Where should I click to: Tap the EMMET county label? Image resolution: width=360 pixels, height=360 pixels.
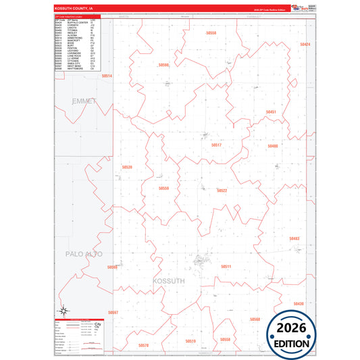tap(84, 101)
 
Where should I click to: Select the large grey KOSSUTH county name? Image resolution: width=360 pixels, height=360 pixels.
tap(169, 280)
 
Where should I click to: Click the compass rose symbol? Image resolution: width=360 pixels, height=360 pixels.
tap(62, 311)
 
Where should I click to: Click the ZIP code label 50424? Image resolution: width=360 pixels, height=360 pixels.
tap(305, 45)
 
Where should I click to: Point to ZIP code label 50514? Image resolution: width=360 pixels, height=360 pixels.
tap(107, 76)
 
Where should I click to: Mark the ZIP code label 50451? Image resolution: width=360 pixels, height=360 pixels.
tap(270, 112)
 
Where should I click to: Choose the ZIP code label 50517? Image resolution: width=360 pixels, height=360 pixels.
tap(216, 145)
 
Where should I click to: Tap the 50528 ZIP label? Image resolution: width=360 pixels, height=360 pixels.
tap(127, 167)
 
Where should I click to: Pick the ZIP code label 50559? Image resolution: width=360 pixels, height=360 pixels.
tap(163, 188)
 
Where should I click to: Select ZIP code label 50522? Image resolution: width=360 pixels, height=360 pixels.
tap(222, 190)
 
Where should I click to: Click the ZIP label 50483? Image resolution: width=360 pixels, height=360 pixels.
tap(294, 238)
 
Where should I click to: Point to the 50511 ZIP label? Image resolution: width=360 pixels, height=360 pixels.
tap(226, 267)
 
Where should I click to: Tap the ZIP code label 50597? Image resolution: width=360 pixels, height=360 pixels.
tap(113, 313)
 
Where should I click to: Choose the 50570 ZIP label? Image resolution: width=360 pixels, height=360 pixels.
tap(143, 345)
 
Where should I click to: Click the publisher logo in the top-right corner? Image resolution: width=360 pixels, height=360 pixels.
tap(297, 8)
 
